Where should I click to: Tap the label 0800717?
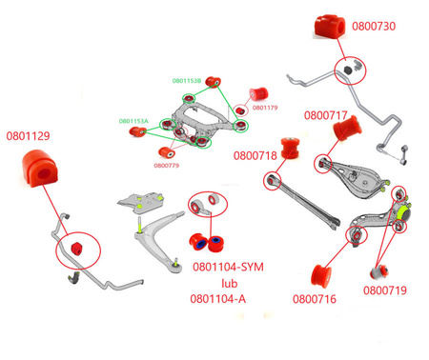[x=325, y=115]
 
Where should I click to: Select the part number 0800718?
[x=255, y=154]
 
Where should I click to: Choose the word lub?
[x=229, y=283]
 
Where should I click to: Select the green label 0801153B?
[x=186, y=81]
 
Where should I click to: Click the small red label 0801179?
[x=266, y=108]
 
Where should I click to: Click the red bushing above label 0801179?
[x=258, y=93]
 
